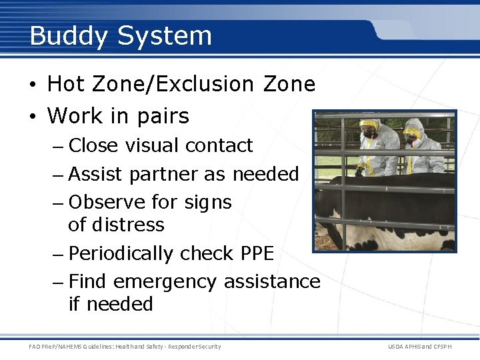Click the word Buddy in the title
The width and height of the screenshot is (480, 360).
pos(69,36)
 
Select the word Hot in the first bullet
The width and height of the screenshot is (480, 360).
pos(67,84)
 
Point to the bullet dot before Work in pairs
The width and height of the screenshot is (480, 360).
pos(33,117)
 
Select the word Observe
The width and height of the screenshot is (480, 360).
pos(107,201)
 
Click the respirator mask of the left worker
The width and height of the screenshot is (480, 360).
pos(367,134)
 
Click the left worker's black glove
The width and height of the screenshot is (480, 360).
pos(360,171)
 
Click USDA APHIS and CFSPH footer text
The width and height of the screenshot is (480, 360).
pos(419,346)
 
